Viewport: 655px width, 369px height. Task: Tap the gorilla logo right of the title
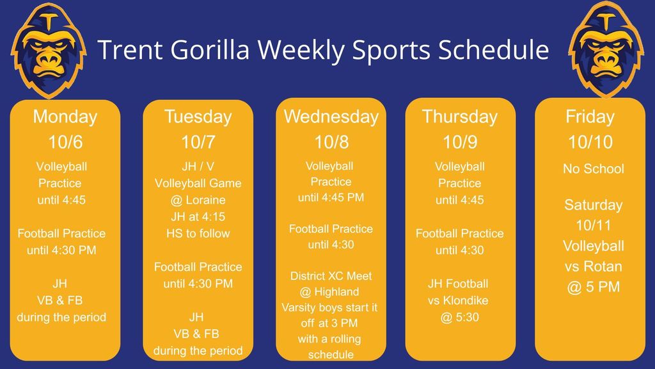click(x=606, y=49)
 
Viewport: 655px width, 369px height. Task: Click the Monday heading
click(x=65, y=117)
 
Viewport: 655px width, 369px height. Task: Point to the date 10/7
click(x=198, y=142)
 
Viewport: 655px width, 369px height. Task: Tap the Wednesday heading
click(x=331, y=117)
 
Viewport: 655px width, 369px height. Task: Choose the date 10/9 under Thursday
click(x=459, y=142)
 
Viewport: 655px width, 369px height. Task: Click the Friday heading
click(x=590, y=117)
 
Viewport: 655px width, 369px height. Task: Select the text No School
click(x=593, y=168)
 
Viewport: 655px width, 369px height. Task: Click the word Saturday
click(x=593, y=206)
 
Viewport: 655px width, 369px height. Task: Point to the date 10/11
click(x=593, y=225)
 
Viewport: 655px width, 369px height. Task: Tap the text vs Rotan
click(x=593, y=266)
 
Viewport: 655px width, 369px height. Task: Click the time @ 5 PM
click(x=593, y=287)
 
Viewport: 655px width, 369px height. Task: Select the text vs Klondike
click(x=458, y=300)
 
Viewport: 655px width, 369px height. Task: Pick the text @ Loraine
click(x=198, y=200)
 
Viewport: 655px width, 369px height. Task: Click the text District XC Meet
click(x=331, y=276)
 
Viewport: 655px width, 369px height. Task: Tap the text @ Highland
click(x=329, y=292)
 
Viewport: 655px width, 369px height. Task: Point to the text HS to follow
click(x=198, y=233)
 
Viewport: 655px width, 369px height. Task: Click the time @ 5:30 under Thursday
click(x=459, y=318)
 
